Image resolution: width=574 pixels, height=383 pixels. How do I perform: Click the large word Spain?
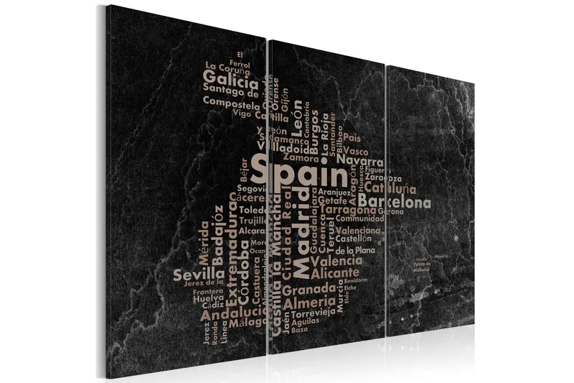tap(301, 173)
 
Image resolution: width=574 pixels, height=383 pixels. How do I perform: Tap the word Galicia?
tap(230, 77)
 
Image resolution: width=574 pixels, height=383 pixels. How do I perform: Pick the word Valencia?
tap(337, 261)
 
